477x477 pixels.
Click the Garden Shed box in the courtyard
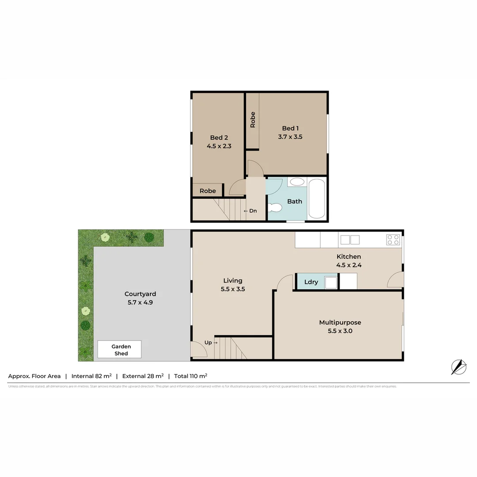(119, 349)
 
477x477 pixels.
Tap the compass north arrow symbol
(458, 367)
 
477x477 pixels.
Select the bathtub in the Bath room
(317, 198)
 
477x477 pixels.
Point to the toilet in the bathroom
(276, 207)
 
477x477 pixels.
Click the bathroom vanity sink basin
(298, 182)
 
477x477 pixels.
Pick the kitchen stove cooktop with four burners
(393, 240)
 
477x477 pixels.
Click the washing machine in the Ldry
(330, 282)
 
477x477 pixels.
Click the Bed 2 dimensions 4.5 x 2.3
(219, 146)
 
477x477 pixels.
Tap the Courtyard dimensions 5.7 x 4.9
(140, 303)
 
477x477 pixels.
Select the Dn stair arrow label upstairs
(250, 211)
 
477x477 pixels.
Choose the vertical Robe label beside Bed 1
(253, 120)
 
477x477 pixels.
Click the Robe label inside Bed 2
(208, 191)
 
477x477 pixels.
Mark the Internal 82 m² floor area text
(91, 376)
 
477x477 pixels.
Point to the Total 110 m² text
(190, 376)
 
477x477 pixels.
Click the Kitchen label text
(348, 257)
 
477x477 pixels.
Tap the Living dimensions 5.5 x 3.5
(233, 289)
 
